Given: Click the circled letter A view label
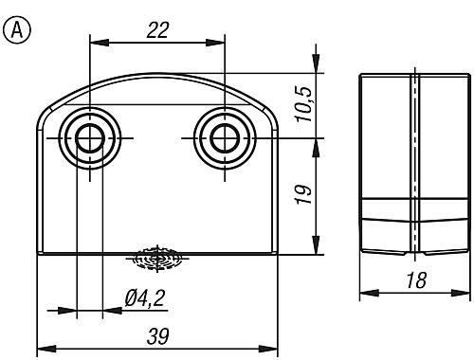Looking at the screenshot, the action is [17, 30].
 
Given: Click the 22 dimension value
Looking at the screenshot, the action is [157, 30].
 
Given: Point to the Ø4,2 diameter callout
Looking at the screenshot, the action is [145, 297].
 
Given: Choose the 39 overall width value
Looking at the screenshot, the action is [157, 336].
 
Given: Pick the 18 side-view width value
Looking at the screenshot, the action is [416, 280].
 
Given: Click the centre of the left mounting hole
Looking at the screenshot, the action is [90, 138].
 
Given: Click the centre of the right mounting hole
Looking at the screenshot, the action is [225, 138].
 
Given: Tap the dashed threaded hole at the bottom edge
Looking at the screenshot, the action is [157, 259].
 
